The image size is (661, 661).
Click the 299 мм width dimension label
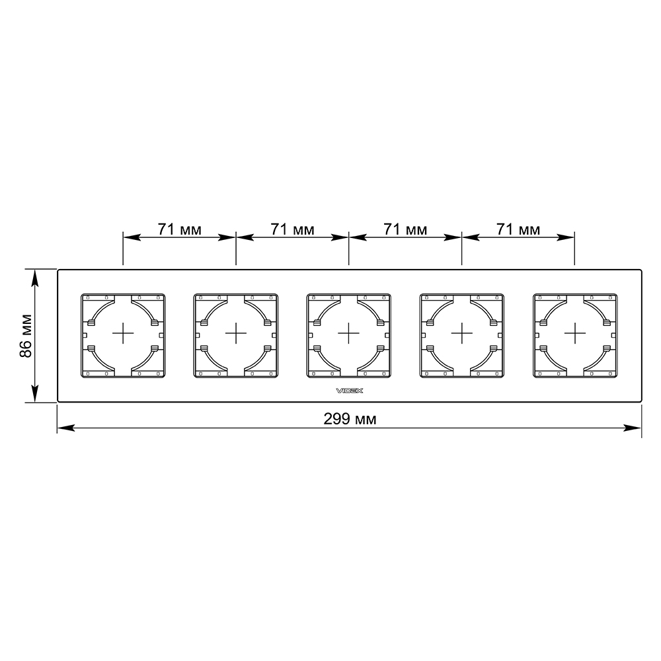[350, 419]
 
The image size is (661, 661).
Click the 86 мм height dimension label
[26, 336]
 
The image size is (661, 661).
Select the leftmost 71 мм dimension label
[180, 229]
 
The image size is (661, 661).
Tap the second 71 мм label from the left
[293, 229]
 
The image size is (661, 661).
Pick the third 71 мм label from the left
[406, 229]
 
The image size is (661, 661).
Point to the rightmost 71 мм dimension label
[518, 229]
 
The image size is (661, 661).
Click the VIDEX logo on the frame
[350, 391]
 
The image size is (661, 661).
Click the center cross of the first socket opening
[123, 333]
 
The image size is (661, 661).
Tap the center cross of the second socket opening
[236, 333]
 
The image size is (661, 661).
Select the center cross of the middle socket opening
[348, 333]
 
